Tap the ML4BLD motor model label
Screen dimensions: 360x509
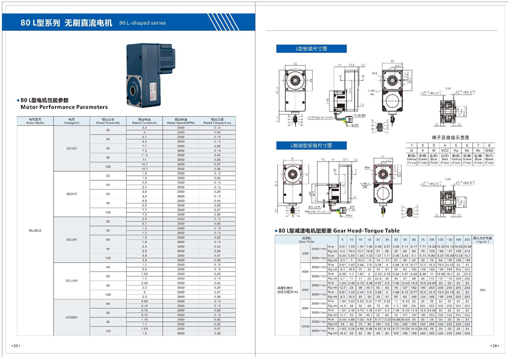(35, 231)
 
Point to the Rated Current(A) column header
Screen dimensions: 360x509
(144, 122)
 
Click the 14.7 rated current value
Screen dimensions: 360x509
(144, 169)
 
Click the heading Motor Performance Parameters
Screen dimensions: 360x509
(64, 107)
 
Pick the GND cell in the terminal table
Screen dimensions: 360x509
(489, 150)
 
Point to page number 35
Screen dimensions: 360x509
(16, 346)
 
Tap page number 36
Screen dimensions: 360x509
(494, 346)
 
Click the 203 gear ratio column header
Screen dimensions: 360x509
(467, 239)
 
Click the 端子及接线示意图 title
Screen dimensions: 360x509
(450, 137)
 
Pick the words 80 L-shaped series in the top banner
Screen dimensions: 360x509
(142, 23)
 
